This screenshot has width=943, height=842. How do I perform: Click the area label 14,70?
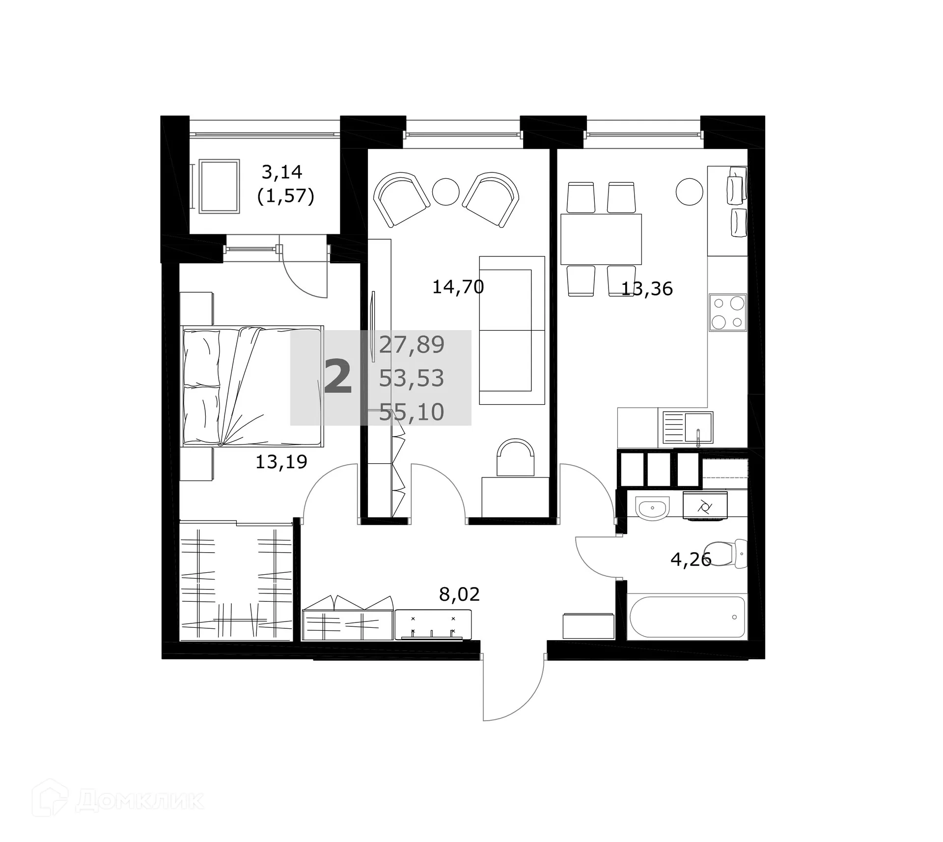pos(458,287)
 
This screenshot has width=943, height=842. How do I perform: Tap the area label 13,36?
pos(647,289)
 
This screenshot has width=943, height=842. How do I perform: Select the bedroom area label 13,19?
pos(281,462)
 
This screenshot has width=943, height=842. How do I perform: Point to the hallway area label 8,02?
pos(459,594)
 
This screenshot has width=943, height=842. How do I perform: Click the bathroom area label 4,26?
pos(691,559)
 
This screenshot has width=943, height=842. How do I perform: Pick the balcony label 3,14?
pos(281,172)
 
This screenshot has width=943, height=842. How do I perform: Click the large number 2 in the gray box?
pos(338,377)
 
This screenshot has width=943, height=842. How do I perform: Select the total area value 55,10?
pos(412,412)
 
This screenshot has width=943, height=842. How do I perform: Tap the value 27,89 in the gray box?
pos(412,345)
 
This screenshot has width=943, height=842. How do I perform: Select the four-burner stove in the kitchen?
pos(727,312)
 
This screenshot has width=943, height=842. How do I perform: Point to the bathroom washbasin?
pos(652,507)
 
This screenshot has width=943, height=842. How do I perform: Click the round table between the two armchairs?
pos(445,191)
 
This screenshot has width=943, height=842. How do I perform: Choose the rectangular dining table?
pos(601,239)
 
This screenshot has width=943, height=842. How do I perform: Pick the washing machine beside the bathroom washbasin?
pos(705,506)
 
